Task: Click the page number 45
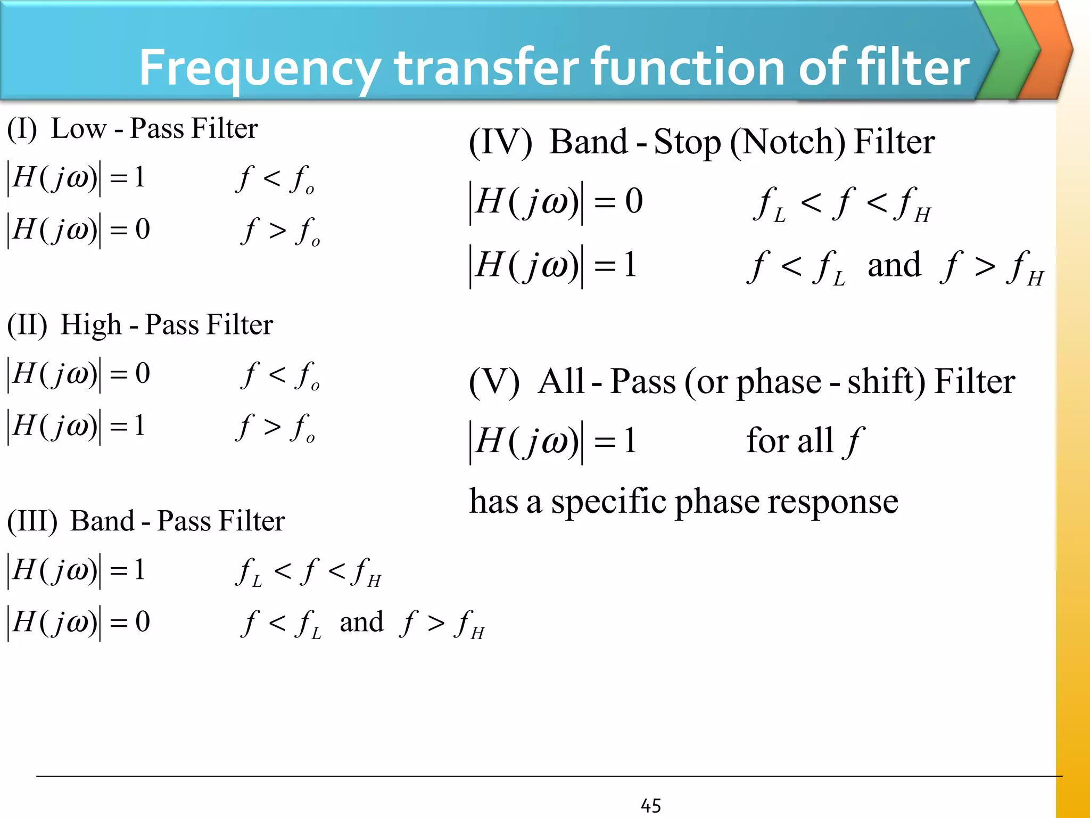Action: pos(650,805)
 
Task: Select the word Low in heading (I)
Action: pos(78,129)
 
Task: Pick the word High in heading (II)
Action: pos(90,325)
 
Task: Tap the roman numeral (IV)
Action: pos(500,143)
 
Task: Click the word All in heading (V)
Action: pos(561,382)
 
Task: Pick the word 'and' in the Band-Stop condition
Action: pos(894,265)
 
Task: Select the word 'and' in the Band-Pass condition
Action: pos(361,622)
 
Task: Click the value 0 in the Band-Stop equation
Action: pos(634,201)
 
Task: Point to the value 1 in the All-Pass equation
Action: pos(630,441)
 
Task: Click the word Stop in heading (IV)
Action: pos(687,143)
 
